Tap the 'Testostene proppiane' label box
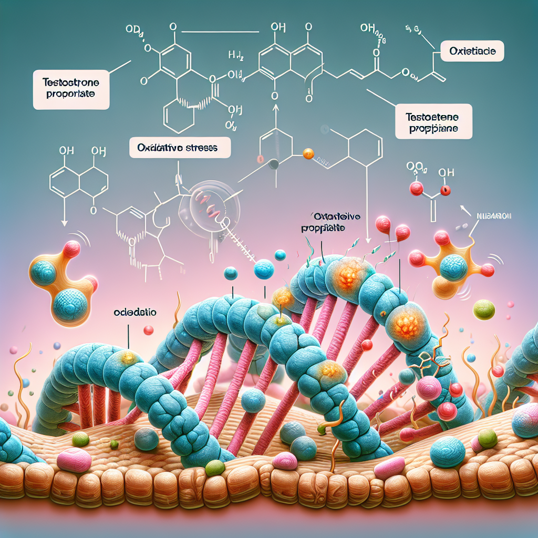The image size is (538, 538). (x=432, y=121)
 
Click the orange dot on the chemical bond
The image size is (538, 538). (x=308, y=154)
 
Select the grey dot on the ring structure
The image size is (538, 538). (x=274, y=164)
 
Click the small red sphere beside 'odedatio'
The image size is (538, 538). (x=149, y=330)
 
